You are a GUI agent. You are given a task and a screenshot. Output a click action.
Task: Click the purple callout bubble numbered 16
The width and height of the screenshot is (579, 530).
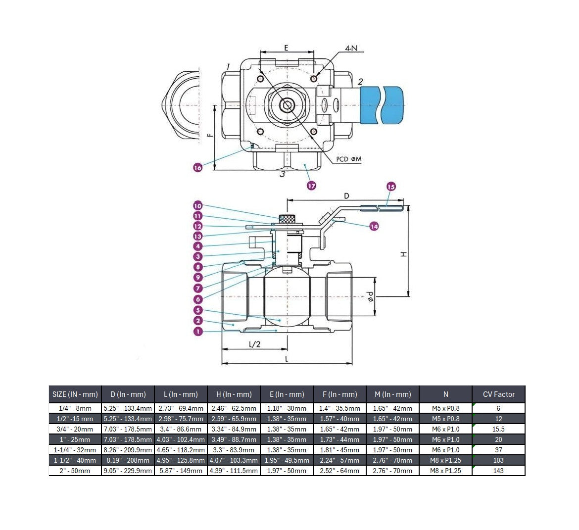[x=198, y=168]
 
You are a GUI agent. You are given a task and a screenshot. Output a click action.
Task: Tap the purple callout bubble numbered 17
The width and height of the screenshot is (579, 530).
[x=311, y=186]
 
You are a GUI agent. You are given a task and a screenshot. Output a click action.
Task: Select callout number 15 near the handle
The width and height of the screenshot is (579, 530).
[x=391, y=187]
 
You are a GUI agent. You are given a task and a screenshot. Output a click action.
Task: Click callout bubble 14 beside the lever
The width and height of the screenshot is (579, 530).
[x=374, y=226]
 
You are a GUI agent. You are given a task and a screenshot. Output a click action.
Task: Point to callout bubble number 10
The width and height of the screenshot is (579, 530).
[x=198, y=205]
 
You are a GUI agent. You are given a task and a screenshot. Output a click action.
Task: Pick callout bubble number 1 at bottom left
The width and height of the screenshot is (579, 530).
[x=198, y=331]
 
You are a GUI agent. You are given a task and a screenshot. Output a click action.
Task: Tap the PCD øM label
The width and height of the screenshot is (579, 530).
[x=349, y=159]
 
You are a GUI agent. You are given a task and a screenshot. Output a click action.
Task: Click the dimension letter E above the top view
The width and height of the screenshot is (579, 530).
[x=286, y=48]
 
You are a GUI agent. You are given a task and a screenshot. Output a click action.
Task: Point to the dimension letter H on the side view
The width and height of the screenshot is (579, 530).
[x=403, y=253]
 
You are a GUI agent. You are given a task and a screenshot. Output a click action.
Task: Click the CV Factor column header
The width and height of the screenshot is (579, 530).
[x=498, y=394]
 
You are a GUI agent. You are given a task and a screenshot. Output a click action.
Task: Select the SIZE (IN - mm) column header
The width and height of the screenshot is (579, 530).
[x=75, y=394]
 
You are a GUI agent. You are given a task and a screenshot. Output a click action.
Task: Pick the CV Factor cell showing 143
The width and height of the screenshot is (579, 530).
[x=498, y=471]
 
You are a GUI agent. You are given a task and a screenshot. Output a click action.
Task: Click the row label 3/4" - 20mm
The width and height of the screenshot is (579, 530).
[x=75, y=429]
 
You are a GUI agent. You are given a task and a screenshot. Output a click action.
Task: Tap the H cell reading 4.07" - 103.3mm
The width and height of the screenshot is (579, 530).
[x=234, y=460]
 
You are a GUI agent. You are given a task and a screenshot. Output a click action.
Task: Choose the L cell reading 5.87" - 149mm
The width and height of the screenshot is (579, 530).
[x=181, y=471]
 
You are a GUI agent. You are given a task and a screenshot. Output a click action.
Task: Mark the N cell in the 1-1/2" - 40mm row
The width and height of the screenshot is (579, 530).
[x=445, y=460]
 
